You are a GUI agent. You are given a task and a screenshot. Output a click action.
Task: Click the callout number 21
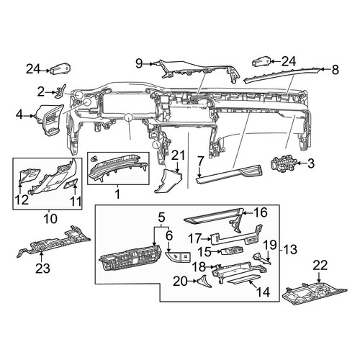point(178,156)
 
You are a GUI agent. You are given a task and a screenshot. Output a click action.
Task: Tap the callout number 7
point(201,161)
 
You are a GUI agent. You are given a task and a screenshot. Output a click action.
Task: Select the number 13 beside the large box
point(290,250)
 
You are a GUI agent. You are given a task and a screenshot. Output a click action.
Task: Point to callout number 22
point(320,266)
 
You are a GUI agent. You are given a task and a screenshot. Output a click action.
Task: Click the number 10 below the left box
point(50,219)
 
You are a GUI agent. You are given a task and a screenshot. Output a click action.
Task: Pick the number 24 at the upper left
point(34,69)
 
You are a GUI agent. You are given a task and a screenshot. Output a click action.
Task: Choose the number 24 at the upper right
point(289,61)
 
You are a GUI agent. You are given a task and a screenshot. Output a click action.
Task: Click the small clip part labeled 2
point(61,91)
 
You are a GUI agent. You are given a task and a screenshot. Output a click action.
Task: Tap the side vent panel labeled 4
point(50,120)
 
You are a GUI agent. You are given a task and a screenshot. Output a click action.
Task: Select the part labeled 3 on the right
point(282,164)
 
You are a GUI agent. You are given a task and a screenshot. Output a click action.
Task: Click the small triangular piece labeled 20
point(204,282)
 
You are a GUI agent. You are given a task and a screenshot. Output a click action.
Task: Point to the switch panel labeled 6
point(178,257)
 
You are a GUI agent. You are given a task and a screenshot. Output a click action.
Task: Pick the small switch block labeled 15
point(232,251)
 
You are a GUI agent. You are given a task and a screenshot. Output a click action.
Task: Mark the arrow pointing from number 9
point(150,64)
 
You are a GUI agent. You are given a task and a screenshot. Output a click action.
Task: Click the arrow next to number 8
point(325,70)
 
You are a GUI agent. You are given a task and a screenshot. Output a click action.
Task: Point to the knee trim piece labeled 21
point(167,180)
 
